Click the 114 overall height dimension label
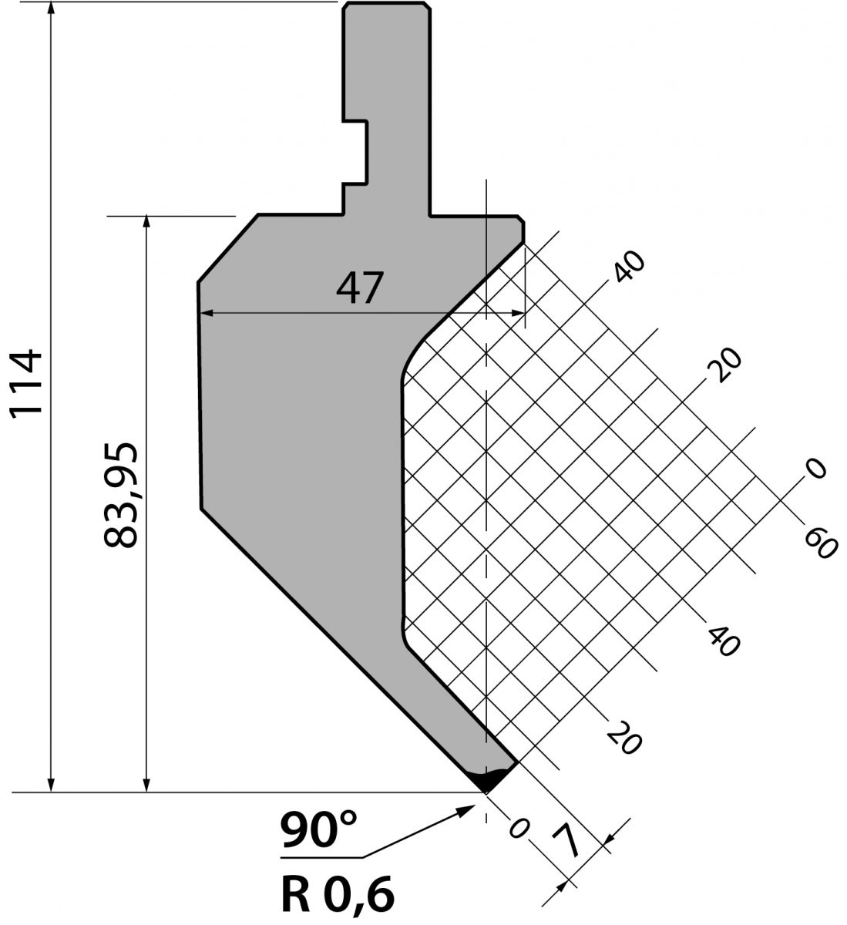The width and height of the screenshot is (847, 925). click(x=26, y=385)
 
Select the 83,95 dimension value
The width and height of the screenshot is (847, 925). click(x=121, y=495)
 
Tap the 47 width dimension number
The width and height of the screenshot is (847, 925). click(x=360, y=288)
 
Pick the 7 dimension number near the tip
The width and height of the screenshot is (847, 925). click(x=566, y=842)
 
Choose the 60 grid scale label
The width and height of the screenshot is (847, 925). click(x=821, y=544)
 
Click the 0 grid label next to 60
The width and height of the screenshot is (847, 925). click(x=816, y=469)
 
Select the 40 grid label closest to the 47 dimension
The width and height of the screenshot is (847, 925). click(x=629, y=266)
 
